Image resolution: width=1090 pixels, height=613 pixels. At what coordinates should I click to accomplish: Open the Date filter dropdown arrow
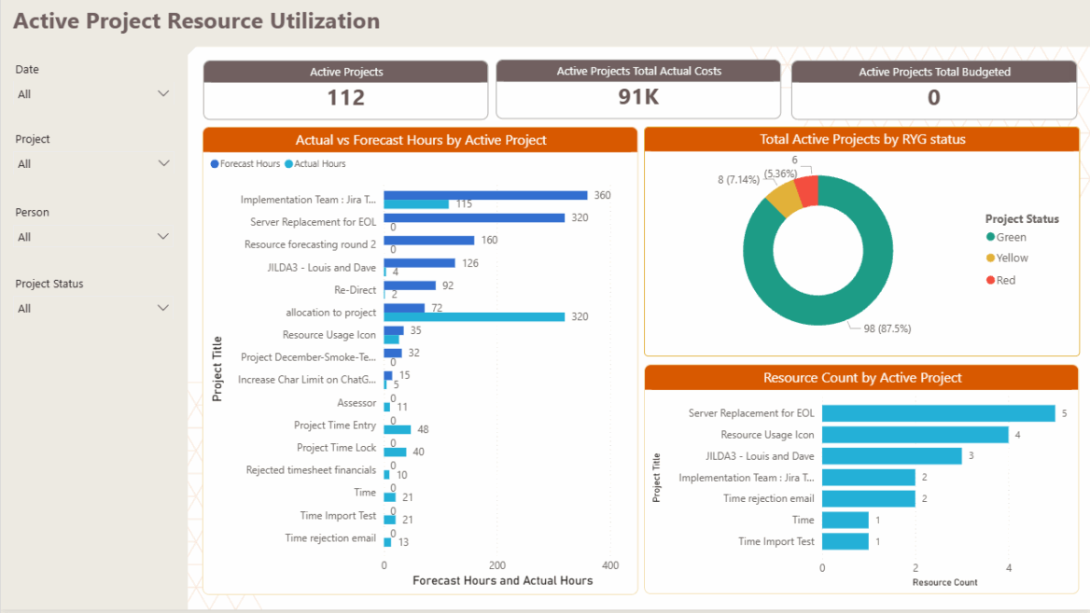(163, 93)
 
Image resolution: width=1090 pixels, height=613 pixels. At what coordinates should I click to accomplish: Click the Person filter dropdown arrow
(163, 237)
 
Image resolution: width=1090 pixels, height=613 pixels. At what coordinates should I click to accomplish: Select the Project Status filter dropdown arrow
(163, 308)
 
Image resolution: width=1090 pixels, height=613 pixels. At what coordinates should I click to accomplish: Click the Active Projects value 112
(345, 98)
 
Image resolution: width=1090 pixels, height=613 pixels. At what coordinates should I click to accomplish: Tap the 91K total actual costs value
(638, 97)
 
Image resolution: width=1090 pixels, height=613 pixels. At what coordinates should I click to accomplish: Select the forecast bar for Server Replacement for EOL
(473, 217)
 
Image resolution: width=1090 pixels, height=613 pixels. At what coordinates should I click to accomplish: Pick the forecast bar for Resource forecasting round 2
(428, 241)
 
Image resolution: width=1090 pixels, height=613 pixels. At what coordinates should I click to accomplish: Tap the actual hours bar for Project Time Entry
(395, 429)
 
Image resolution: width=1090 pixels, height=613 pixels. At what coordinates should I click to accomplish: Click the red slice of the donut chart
(808, 190)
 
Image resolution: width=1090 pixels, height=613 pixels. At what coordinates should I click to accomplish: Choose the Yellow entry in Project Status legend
(1011, 258)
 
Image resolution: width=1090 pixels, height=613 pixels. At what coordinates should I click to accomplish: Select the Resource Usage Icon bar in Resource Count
(915, 435)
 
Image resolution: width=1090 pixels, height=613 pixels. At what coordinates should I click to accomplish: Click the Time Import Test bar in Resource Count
(845, 541)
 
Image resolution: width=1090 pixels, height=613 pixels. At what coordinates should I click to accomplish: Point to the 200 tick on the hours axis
(497, 565)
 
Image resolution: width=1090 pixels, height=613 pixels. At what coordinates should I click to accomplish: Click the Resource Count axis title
(944, 582)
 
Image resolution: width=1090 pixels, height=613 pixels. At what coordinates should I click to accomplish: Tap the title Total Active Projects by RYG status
(861, 140)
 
